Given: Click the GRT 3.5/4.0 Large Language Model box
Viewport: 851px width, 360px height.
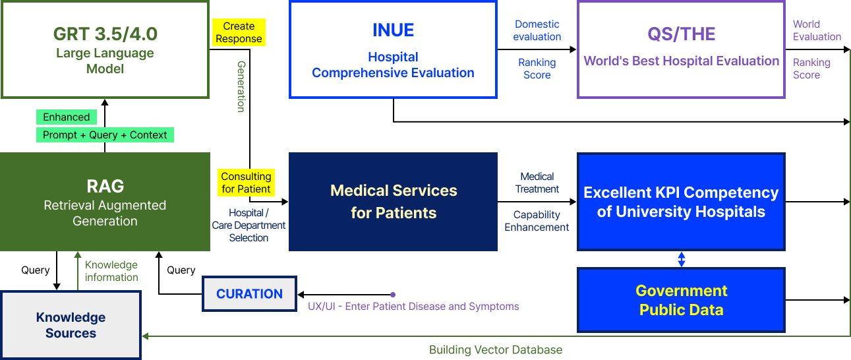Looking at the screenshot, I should [105, 49].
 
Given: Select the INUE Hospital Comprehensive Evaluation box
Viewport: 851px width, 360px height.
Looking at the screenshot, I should [393, 49].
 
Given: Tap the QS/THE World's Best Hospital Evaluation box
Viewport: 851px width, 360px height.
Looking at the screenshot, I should [681, 49].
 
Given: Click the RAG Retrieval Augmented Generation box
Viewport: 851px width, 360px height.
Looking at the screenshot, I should [105, 202].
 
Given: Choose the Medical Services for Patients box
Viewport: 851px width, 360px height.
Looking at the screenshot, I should [393, 202].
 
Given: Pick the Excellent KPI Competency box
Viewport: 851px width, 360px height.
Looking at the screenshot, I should [681, 202].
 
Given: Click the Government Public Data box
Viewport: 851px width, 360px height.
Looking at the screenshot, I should [681, 300].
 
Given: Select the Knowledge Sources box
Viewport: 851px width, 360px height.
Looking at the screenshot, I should [71, 325].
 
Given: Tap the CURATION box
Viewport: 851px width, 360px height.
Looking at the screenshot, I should [249, 294].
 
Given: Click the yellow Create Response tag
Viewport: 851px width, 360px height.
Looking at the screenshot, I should [239, 32].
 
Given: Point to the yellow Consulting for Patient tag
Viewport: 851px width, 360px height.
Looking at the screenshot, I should [246, 183].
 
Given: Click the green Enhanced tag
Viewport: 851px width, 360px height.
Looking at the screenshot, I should [66, 117].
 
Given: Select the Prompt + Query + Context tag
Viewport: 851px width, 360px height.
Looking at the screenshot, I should [105, 135].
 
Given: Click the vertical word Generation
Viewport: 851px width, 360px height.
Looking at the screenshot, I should [241, 86].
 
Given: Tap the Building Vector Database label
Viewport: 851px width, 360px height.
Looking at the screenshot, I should [496, 350].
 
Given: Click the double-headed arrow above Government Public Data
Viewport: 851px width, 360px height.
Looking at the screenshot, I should [682, 259].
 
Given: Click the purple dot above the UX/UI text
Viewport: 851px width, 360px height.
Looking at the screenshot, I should [393, 295].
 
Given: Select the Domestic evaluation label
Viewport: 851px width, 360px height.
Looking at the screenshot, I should [537, 30].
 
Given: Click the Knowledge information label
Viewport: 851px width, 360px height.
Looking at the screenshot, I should [111, 271].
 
